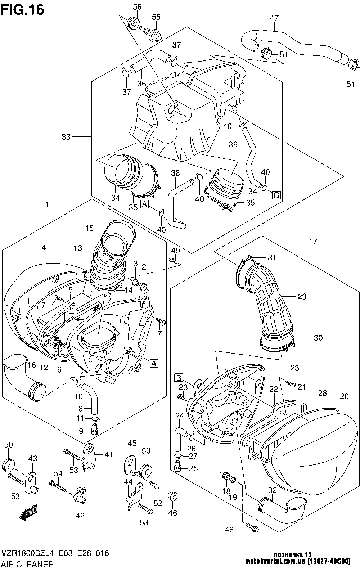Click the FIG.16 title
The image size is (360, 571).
[22, 10]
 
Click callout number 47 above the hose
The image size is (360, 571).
[274, 18]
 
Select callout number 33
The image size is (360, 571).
[66, 137]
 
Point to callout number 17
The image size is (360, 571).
[313, 242]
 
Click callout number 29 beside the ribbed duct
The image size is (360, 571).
[302, 296]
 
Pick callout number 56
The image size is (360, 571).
[137, 7]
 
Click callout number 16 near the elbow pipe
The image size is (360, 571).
[32, 365]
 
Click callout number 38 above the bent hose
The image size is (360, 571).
[175, 173]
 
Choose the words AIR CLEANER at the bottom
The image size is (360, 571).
[28, 564]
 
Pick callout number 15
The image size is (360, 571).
[90, 228]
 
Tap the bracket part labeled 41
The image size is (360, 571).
[89, 457]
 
